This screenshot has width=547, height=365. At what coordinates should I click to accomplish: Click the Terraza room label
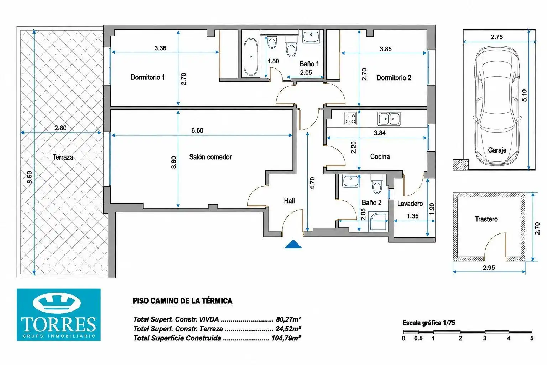[63, 157]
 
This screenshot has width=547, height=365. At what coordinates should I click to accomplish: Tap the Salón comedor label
[210, 157]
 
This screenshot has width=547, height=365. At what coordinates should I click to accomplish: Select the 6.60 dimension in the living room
[197, 130]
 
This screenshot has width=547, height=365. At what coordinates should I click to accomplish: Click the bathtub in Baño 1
[251, 57]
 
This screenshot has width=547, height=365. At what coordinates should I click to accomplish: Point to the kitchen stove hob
[350, 118]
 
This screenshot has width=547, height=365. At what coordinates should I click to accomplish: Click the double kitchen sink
[389, 119]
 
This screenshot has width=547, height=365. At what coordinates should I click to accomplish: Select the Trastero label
[486, 219]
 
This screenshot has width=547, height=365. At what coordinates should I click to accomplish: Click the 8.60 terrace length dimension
[29, 177]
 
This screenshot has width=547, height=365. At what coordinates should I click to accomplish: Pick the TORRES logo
[59, 315]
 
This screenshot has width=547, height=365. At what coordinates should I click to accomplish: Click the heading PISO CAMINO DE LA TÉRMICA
[182, 301]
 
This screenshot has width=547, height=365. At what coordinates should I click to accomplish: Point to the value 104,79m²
[286, 338]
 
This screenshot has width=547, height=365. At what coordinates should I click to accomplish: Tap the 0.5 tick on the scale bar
[418, 338]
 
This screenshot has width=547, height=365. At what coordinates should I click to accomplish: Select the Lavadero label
[410, 204]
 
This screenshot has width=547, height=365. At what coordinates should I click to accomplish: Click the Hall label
[289, 201]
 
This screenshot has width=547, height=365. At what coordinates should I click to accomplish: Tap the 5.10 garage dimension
[524, 95]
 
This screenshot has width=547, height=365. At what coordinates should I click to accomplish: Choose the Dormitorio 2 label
[394, 78]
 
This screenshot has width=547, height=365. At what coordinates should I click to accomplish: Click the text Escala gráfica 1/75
[428, 323]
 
